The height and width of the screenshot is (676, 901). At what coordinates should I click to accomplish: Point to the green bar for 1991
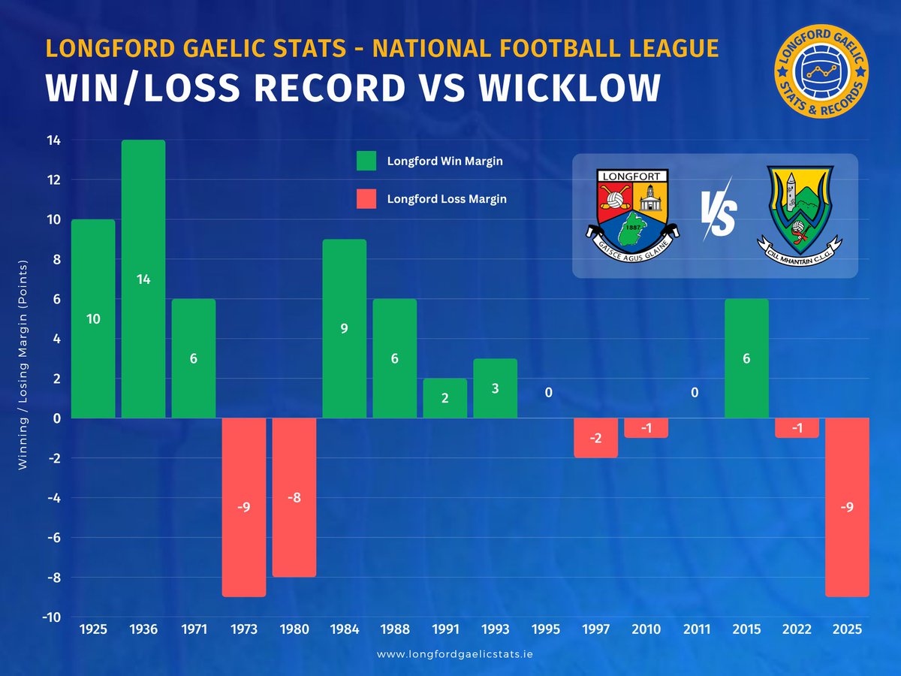(444, 398)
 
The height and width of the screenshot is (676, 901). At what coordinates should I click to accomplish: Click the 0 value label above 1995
(549, 391)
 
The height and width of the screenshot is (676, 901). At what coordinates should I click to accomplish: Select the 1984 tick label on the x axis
(344, 629)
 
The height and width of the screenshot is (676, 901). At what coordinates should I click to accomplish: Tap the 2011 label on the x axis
(696, 629)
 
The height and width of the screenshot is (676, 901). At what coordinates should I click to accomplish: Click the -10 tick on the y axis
(51, 617)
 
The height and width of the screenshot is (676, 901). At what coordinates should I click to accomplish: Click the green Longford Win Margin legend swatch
(366, 161)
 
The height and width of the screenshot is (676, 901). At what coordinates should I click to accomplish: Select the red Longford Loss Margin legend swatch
(366, 199)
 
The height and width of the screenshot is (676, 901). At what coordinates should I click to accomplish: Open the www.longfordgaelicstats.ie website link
(454, 654)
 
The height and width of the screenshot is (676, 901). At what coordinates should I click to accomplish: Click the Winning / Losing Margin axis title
(23, 365)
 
